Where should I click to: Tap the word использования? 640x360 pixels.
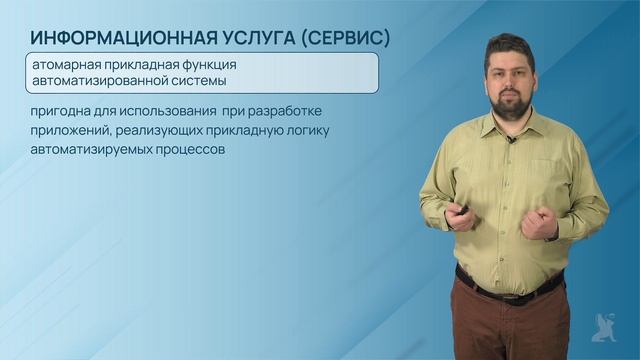(x=158, y=110)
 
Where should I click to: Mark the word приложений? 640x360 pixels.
(x=69, y=130)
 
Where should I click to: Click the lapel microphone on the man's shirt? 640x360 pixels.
(x=511, y=140)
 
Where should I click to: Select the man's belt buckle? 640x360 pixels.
(x=511, y=294)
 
